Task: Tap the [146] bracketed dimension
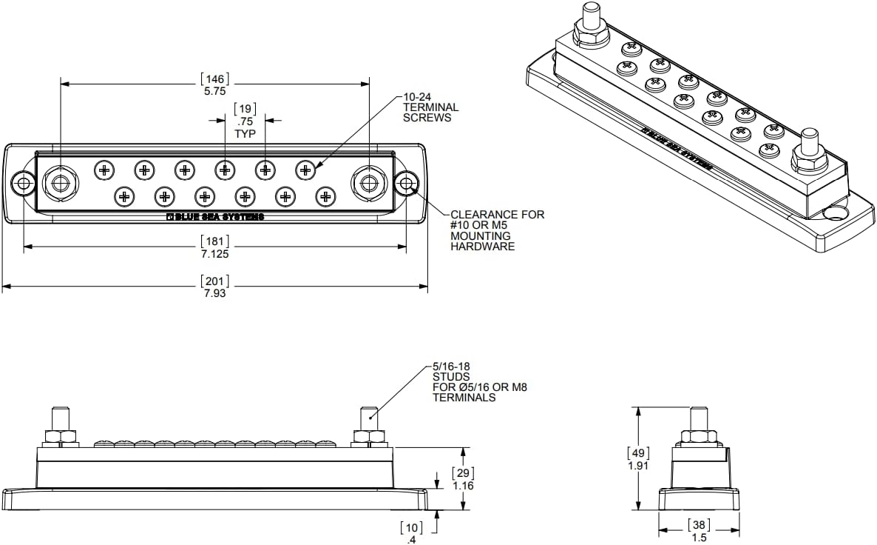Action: click(x=214, y=78)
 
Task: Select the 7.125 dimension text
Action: click(x=215, y=254)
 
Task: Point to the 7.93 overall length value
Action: click(x=215, y=292)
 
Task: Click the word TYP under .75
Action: click(x=245, y=134)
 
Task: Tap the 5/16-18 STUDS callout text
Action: click(x=480, y=382)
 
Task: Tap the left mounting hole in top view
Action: click(x=23, y=183)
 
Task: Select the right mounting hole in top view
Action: click(x=406, y=183)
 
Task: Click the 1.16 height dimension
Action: click(x=462, y=486)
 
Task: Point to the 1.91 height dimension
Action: click(x=637, y=467)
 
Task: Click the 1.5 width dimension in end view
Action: click(x=699, y=538)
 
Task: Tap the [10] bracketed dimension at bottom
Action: click(x=411, y=527)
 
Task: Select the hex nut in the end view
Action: click(x=699, y=437)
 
